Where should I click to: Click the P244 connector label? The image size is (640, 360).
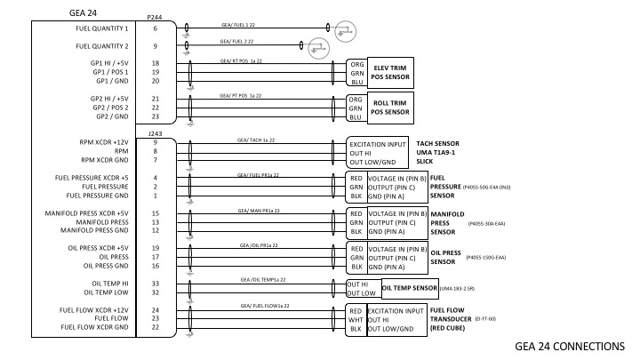pyautogui.click(x=156, y=17)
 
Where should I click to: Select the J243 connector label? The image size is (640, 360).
pyautogui.click(x=156, y=133)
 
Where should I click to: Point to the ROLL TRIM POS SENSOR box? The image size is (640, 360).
pyautogui.click(x=390, y=108)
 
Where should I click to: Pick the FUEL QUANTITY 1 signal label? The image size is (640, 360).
pyautogui.click(x=102, y=29)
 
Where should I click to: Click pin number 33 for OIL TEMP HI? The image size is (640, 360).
pyautogui.click(x=156, y=283)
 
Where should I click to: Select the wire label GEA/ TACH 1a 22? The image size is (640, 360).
pyautogui.click(x=256, y=140)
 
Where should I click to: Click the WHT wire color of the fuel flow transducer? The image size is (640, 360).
pyautogui.click(x=355, y=319)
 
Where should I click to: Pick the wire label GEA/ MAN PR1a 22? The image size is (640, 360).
pyautogui.click(x=259, y=211)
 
